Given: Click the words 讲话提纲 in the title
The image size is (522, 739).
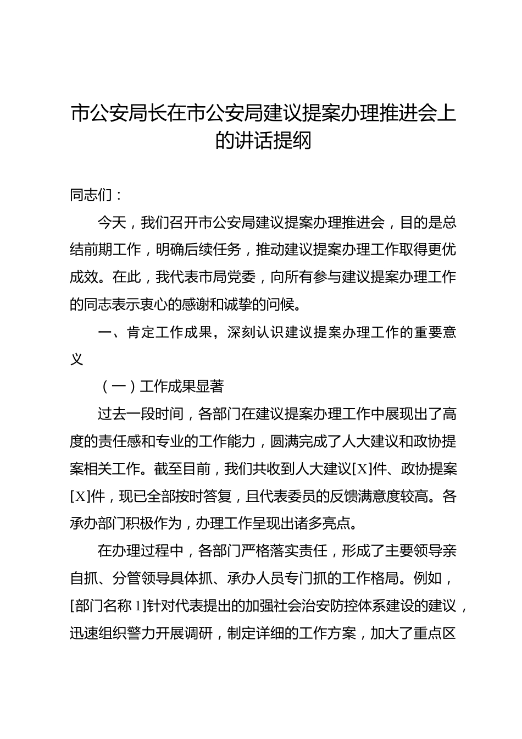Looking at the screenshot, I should click(x=276, y=140).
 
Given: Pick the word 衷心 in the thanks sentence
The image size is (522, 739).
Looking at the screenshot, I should click(x=162, y=304).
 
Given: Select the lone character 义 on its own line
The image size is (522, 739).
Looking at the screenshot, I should click(x=77, y=360).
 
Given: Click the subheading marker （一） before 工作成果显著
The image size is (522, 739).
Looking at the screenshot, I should click(x=119, y=387).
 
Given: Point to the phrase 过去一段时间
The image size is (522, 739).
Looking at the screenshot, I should click(x=141, y=414).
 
